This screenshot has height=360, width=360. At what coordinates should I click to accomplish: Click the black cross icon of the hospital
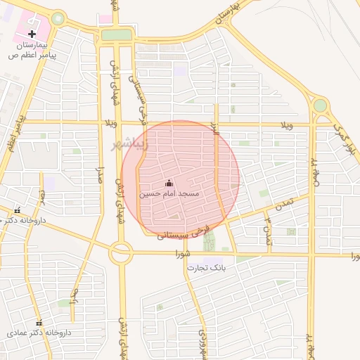point(32,34)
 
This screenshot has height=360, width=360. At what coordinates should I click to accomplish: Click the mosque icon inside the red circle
point(168,183)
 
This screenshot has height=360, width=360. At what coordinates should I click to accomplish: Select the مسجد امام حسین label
point(169,193)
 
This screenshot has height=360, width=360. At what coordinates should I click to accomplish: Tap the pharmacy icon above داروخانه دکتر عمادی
point(39,322)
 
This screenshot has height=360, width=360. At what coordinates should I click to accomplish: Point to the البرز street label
point(215,129)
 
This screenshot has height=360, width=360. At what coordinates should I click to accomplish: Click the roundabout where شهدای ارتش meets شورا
point(121,253)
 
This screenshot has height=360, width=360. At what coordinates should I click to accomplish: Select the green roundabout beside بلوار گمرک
point(320,106)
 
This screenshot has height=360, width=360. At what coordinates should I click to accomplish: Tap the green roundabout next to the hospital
point(58,19)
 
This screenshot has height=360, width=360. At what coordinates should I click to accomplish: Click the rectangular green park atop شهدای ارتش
point(116,35)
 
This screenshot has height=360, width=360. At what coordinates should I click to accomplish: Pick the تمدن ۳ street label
point(267,231)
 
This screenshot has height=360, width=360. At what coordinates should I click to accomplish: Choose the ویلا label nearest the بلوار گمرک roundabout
point(286,125)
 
